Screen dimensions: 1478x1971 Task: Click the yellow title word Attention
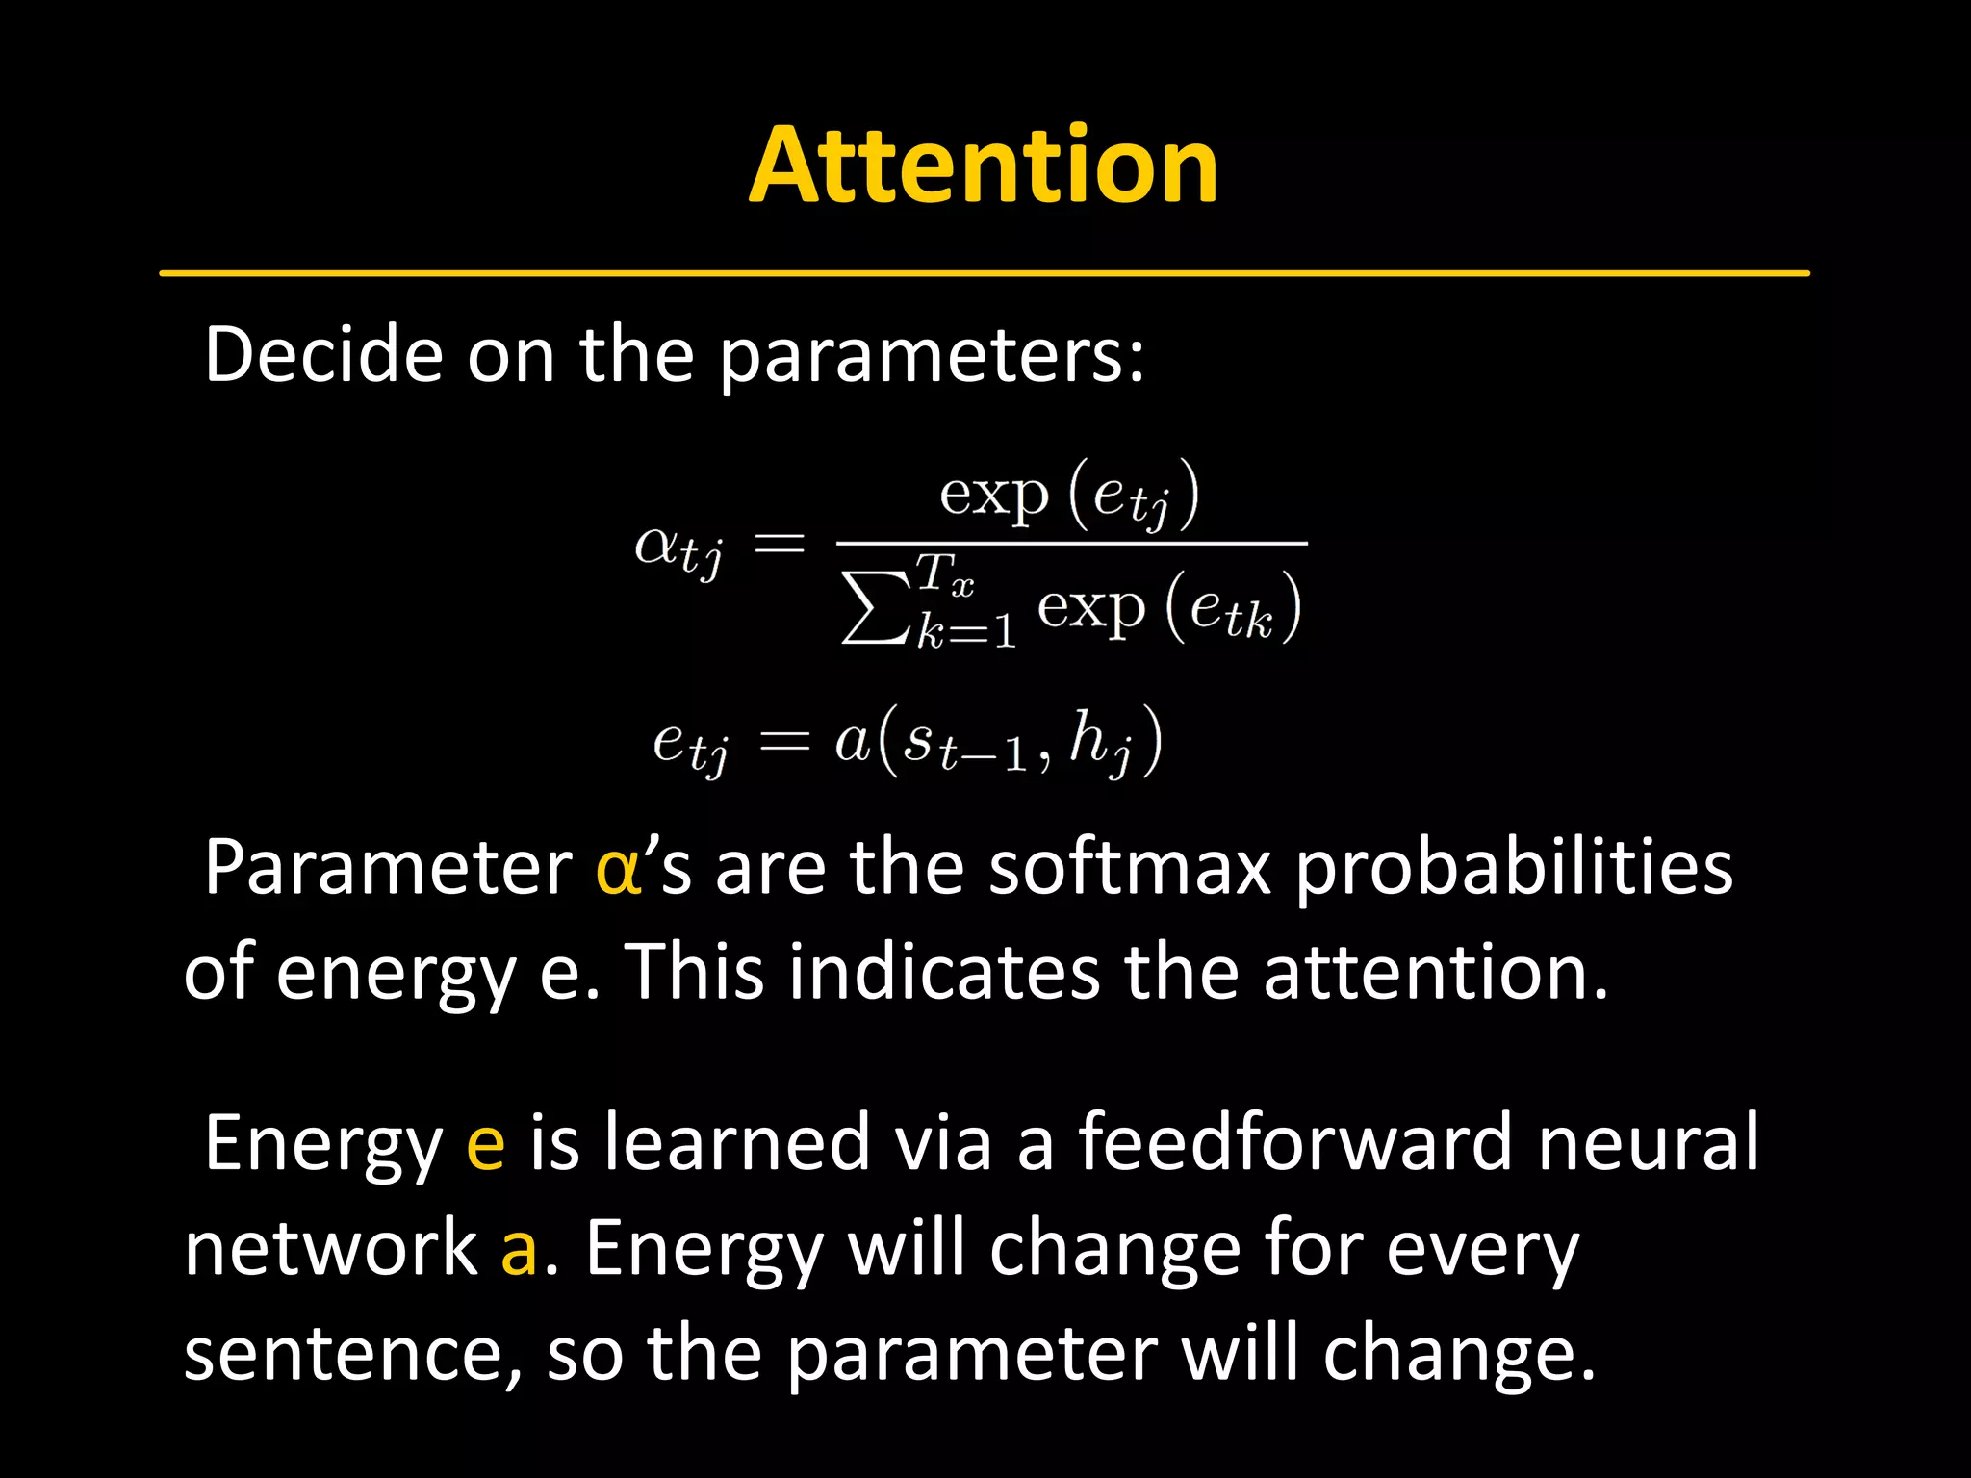point(984,166)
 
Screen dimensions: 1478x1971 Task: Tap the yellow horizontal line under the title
point(984,273)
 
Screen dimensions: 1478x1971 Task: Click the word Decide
point(322,354)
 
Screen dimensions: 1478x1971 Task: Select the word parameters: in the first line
point(932,356)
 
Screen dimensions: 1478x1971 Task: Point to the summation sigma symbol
point(874,608)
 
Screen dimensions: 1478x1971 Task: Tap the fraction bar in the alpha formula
point(1070,544)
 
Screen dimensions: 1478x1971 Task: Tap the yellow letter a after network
point(519,1249)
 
